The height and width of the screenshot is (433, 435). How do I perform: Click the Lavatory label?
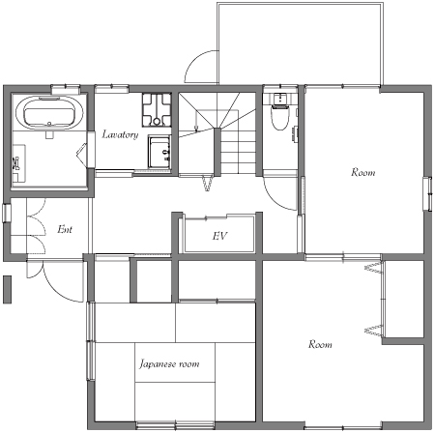pyautogui.click(x=120, y=134)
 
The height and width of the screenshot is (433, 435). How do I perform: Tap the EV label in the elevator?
pyautogui.click(x=219, y=236)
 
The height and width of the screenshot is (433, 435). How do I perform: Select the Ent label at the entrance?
pyautogui.click(x=65, y=229)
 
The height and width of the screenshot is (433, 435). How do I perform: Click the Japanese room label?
pyautogui.click(x=169, y=364)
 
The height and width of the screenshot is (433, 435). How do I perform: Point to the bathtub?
pyautogui.click(x=49, y=113)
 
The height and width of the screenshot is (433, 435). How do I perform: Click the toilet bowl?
pyautogui.click(x=279, y=118)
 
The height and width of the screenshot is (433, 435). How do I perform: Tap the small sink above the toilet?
pyautogui.click(x=279, y=99)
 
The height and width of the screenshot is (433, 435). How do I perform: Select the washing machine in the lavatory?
pyautogui.click(x=157, y=110)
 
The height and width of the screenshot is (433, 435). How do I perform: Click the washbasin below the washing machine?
pyautogui.click(x=159, y=152)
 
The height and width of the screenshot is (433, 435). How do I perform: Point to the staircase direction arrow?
pyautogui.click(x=196, y=122)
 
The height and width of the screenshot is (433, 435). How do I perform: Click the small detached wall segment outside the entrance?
pyautogui.click(x=7, y=289)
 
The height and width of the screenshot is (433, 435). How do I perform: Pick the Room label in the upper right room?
pyautogui.click(x=363, y=172)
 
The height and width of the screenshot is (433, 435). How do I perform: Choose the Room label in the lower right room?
pyautogui.click(x=320, y=344)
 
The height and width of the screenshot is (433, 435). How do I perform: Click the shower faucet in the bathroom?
pyautogui.click(x=16, y=163)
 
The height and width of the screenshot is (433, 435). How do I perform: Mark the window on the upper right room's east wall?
pyautogui.click(x=428, y=193)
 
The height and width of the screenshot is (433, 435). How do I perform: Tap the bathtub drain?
pyautogui.click(x=49, y=123)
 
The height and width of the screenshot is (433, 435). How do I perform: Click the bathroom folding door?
pyautogui.click(x=82, y=155)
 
